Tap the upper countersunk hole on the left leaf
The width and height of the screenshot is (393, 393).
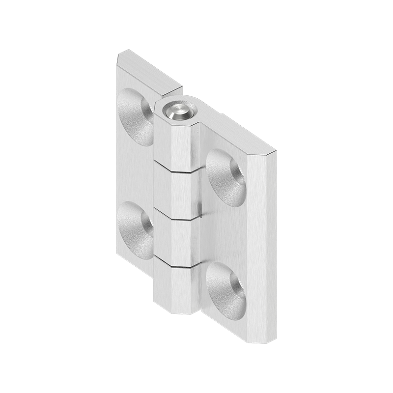point(135,116)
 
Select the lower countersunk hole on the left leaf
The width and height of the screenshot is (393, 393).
point(135,229)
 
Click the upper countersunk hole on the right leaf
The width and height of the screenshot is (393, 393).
point(226,176)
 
